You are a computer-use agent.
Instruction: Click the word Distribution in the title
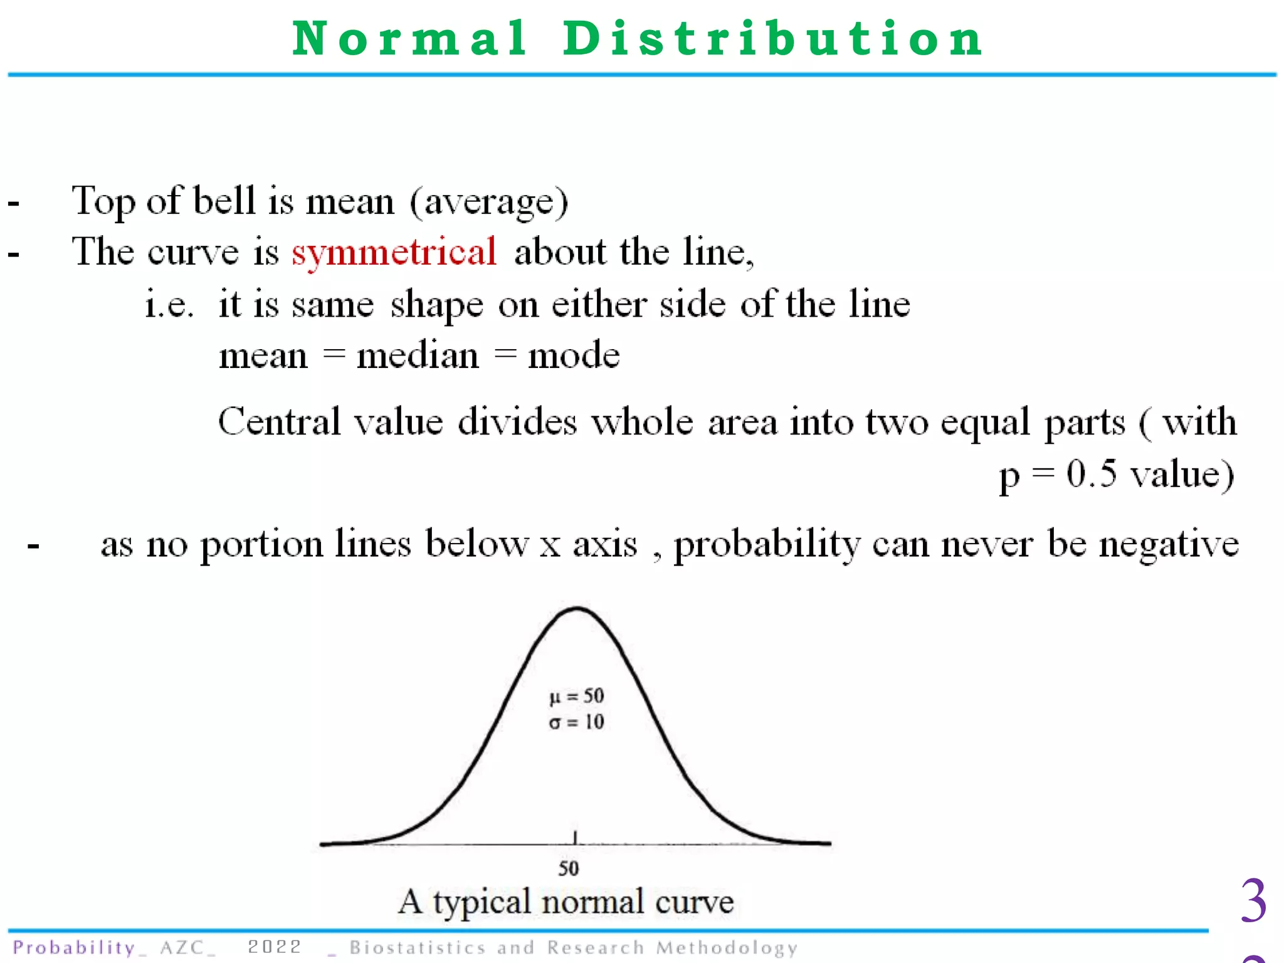[772, 39]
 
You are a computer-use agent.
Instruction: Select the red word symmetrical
[394, 253]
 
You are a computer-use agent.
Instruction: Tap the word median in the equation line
[418, 356]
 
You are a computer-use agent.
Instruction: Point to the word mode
[574, 356]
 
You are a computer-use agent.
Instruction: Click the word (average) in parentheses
[489, 203]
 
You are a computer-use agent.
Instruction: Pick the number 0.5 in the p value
[1092, 473]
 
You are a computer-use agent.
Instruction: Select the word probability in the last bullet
[767, 545]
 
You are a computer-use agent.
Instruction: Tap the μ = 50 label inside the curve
[576, 696]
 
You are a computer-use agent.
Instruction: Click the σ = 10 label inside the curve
[576, 722]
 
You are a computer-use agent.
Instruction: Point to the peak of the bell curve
[576, 608]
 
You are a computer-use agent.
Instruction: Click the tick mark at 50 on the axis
[575, 838]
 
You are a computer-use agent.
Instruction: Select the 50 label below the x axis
[569, 868]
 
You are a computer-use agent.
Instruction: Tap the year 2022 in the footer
[275, 947]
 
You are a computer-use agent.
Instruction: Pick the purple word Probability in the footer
[74, 947]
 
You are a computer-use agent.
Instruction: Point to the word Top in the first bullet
[102, 203]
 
